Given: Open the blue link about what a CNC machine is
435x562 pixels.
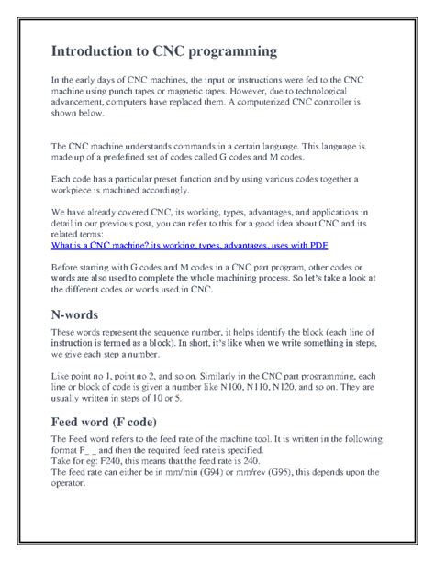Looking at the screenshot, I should (188, 246).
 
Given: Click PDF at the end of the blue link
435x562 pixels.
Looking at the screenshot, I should (316, 246).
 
